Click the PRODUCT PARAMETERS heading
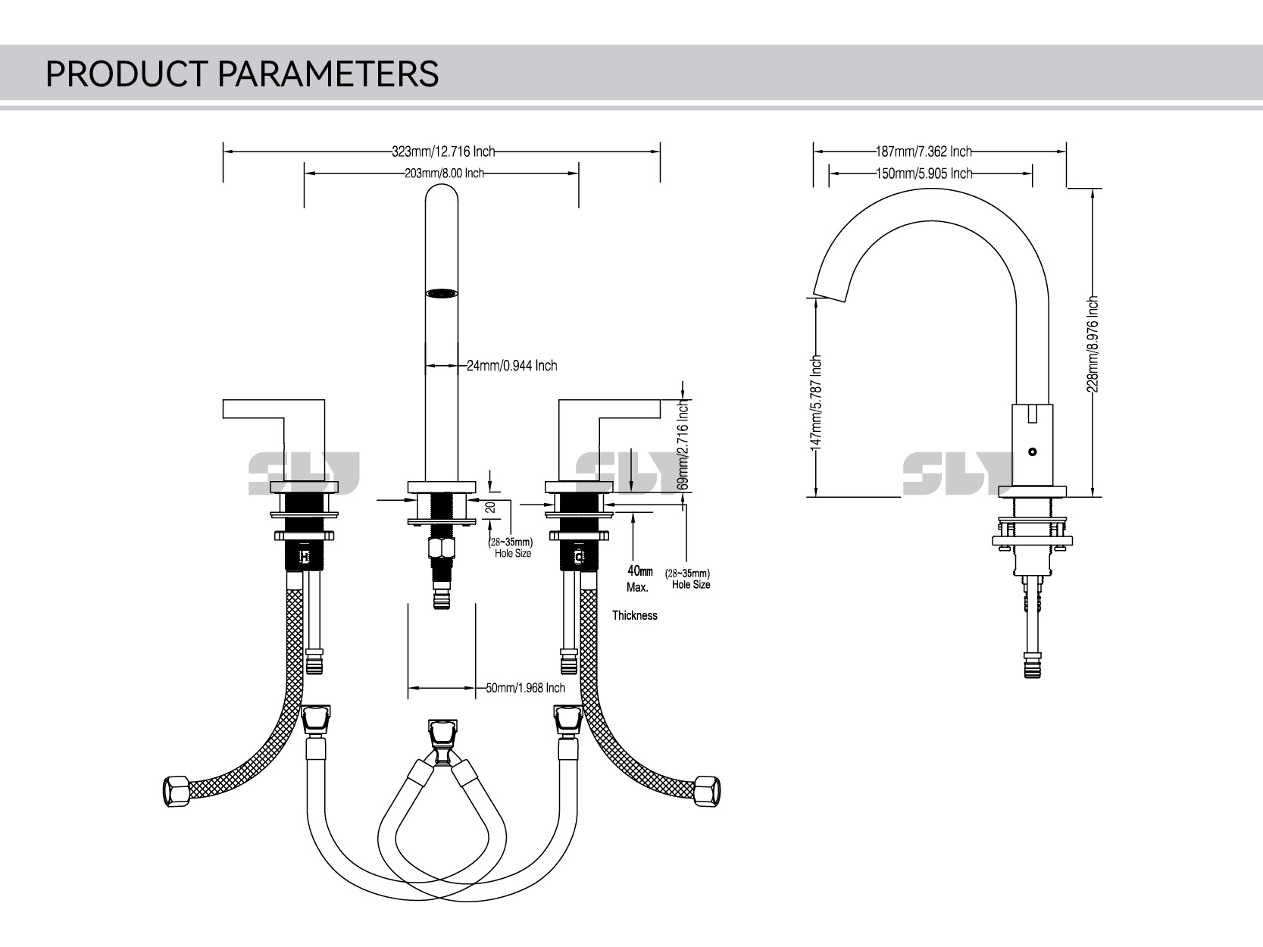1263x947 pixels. tap(242, 74)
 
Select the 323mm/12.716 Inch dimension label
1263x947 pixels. tap(442, 152)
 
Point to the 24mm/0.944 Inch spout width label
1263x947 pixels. tap(511, 366)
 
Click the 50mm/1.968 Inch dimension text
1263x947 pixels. tap(525, 688)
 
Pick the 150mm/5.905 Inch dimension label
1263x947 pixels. tap(924, 173)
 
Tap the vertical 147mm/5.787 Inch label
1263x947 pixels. tap(817, 403)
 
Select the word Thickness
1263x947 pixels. tap(635, 616)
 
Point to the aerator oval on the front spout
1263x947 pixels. tap(442, 293)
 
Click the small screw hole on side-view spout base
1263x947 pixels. tap(1031, 452)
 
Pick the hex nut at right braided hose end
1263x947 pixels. tap(708, 790)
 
